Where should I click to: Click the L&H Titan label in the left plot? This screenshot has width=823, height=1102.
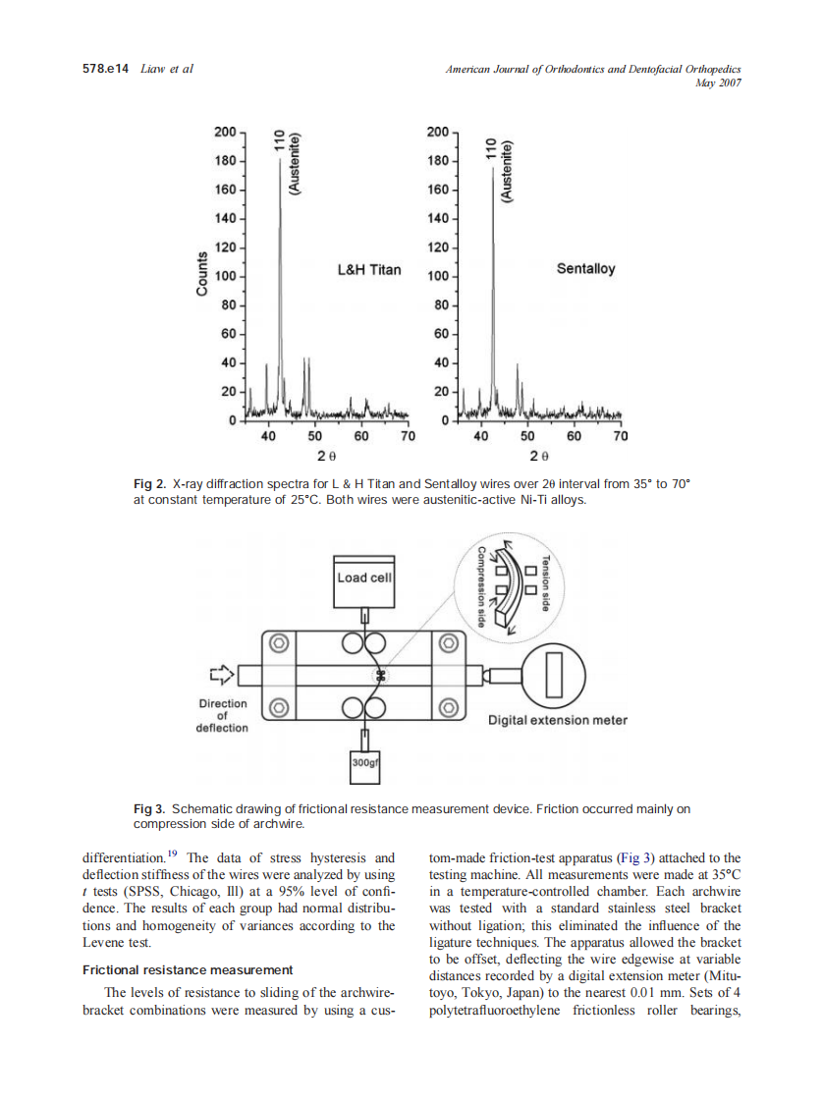[369, 268]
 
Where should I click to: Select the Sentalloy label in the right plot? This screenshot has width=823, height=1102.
[585, 268]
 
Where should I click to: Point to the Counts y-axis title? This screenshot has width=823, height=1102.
[201, 275]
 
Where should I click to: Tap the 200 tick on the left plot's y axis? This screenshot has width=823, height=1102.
[225, 132]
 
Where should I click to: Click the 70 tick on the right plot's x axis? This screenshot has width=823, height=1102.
[620, 437]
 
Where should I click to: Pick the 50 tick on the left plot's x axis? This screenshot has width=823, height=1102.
[314, 437]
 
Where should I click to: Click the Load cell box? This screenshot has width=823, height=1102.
[364, 578]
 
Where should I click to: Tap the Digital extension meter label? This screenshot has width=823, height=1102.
[558, 720]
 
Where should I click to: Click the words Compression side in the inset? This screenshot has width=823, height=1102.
[481, 586]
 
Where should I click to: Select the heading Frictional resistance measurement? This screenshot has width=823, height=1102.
[188, 969]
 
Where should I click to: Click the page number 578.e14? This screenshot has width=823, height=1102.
[105, 69]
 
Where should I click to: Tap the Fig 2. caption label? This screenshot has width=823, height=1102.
[150, 484]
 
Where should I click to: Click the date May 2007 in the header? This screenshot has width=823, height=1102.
[717, 83]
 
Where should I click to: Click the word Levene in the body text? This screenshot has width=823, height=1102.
[103, 942]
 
